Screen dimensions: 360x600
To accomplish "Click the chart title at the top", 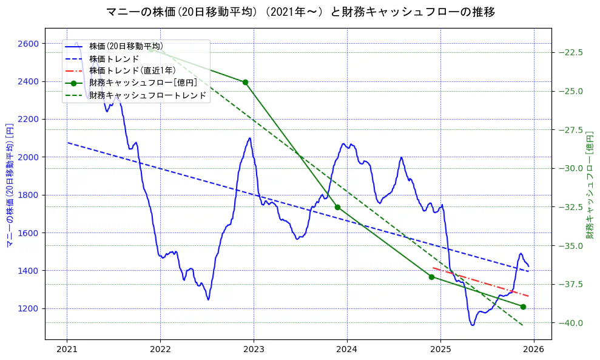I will tap(300, 12).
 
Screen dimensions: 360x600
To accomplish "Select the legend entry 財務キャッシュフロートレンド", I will tap(147, 95).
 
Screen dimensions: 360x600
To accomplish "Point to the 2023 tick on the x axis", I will tap(254, 350).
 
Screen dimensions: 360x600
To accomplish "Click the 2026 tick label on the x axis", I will tap(534, 350).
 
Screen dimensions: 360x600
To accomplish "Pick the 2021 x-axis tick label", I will tap(67, 350).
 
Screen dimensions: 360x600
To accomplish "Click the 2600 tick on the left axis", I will tap(28, 44).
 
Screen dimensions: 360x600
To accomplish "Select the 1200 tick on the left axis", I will tap(28, 308).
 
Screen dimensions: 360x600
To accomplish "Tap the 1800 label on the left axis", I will tap(28, 195).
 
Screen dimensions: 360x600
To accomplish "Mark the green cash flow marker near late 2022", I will tap(245, 82).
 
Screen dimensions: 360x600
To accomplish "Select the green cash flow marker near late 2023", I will tap(337, 207).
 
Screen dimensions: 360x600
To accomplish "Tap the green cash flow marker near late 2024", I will tap(431, 277).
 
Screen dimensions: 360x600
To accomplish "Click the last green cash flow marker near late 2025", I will tap(523, 307).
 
